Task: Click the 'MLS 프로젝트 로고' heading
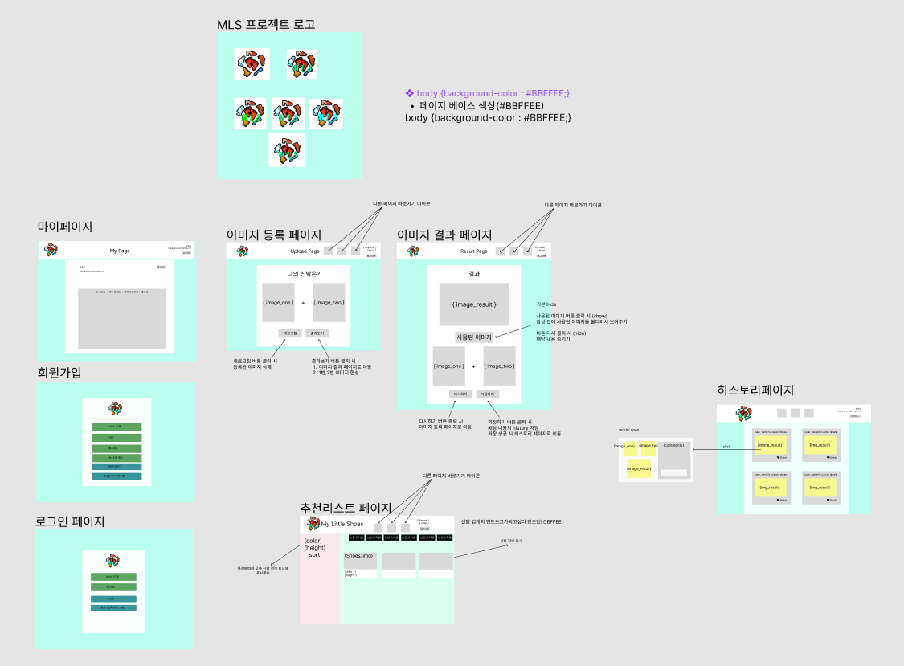coord(266,24)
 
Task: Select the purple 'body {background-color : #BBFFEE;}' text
coord(493,93)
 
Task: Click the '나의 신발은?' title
coord(304,274)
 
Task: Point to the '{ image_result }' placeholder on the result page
coord(474,304)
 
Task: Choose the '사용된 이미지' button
coord(474,337)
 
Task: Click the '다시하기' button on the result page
coord(460,394)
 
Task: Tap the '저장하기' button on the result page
coord(487,394)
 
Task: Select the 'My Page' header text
coord(120,251)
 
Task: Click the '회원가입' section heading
coord(60,373)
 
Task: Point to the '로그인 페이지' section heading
coord(71,521)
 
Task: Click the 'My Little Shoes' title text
coord(343,524)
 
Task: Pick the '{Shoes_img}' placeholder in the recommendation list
coord(358,555)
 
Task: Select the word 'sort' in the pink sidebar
coord(315,555)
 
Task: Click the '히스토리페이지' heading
coord(755,391)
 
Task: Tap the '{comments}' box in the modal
coord(673,445)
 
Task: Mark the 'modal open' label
coord(629,430)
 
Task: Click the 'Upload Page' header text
coord(305,251)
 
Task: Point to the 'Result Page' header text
coord(474,251)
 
